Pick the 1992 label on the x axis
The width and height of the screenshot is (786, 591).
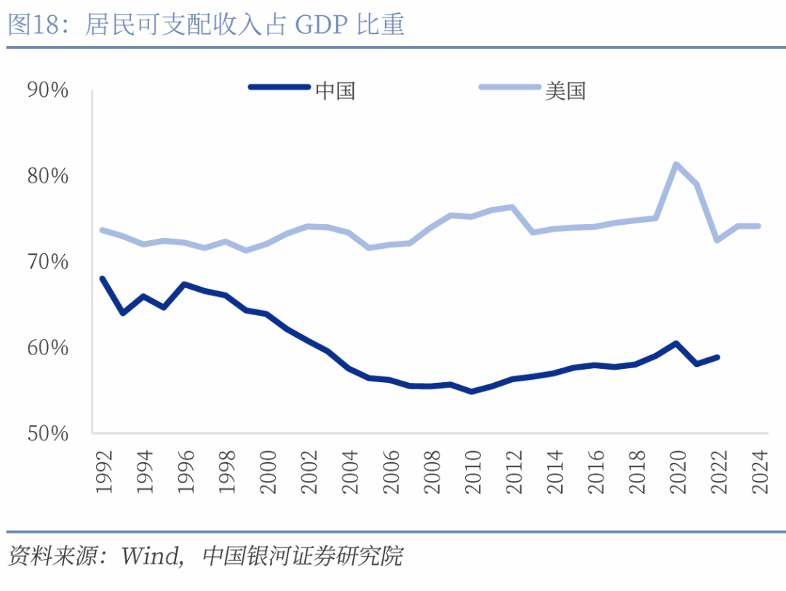click(103, 472)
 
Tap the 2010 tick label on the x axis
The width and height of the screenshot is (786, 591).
click(472, 472)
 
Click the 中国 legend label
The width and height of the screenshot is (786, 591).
click(336, 90)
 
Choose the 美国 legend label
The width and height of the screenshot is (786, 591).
click(565, 90)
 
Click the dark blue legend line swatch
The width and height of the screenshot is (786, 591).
click(279, 87)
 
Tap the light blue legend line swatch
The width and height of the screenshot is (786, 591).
click(509, 87)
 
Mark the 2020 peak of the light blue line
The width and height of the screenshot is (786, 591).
click(676, 164)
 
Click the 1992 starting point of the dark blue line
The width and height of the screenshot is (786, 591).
click(102, 278)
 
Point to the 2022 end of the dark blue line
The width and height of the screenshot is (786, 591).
click(718, 357)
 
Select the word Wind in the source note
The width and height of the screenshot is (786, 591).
click(149, 557)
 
